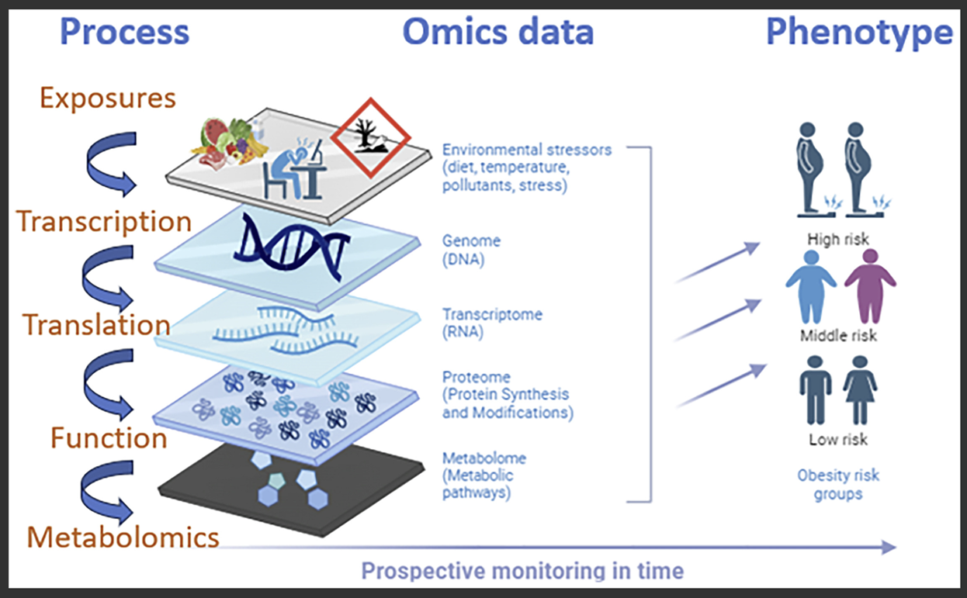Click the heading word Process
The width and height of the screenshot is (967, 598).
(125, 33)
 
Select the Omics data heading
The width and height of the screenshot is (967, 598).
(497, 33)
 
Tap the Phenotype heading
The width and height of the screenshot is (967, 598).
(859, 33)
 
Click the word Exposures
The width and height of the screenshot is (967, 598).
(108, 99)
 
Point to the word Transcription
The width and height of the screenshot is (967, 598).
(105, 221)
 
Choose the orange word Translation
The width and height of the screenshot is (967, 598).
(96, 324)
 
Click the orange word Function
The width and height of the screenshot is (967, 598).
(109, 438)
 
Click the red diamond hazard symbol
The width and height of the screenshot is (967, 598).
(369, 136)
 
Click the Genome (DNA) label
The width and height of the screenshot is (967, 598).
(471, 251)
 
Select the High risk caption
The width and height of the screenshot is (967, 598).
(838, 239)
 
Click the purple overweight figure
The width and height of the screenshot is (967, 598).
(870, 285)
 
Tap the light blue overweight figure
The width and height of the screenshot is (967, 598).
(810, 285)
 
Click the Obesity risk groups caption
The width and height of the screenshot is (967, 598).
(838, 485)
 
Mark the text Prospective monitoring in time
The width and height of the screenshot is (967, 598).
(522, 572)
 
